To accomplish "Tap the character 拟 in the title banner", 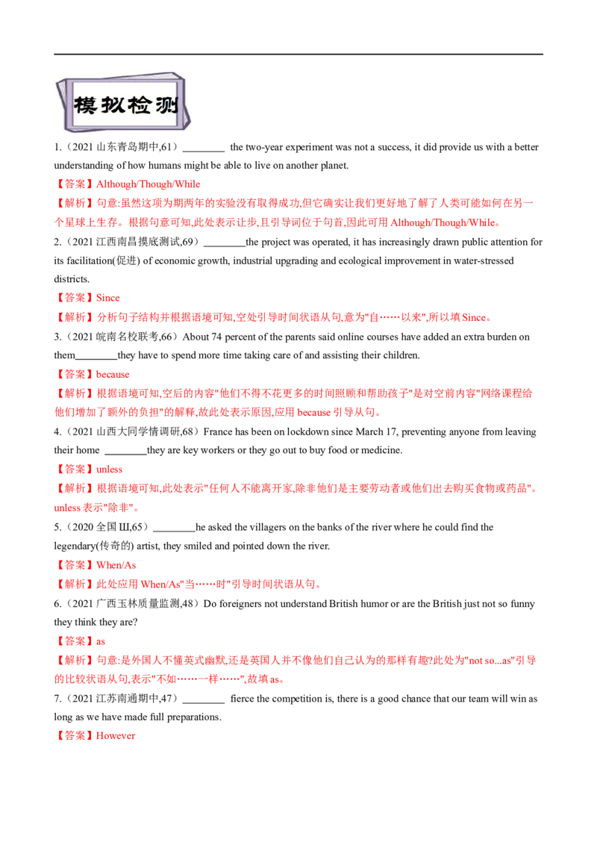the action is [x=115, y=105].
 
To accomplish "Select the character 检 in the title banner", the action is [x=143, y=105].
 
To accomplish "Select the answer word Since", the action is [x=109, y=298].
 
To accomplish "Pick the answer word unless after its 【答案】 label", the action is [x=110, y=470].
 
